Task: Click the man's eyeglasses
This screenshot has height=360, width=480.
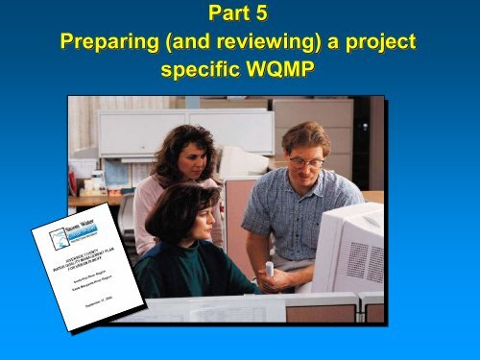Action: click(x=304, y=162)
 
